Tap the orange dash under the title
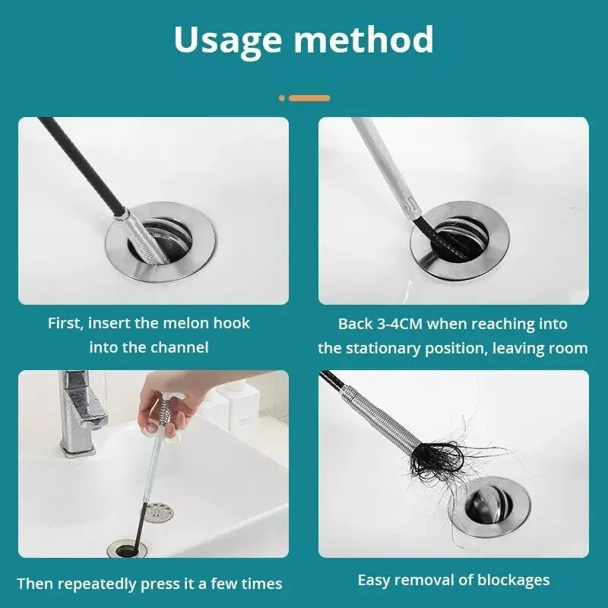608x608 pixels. pos(309,98)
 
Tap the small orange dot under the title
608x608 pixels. pos(282,98)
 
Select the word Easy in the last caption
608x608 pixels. pos(375,580)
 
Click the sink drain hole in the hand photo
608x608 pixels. pos(129,548)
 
